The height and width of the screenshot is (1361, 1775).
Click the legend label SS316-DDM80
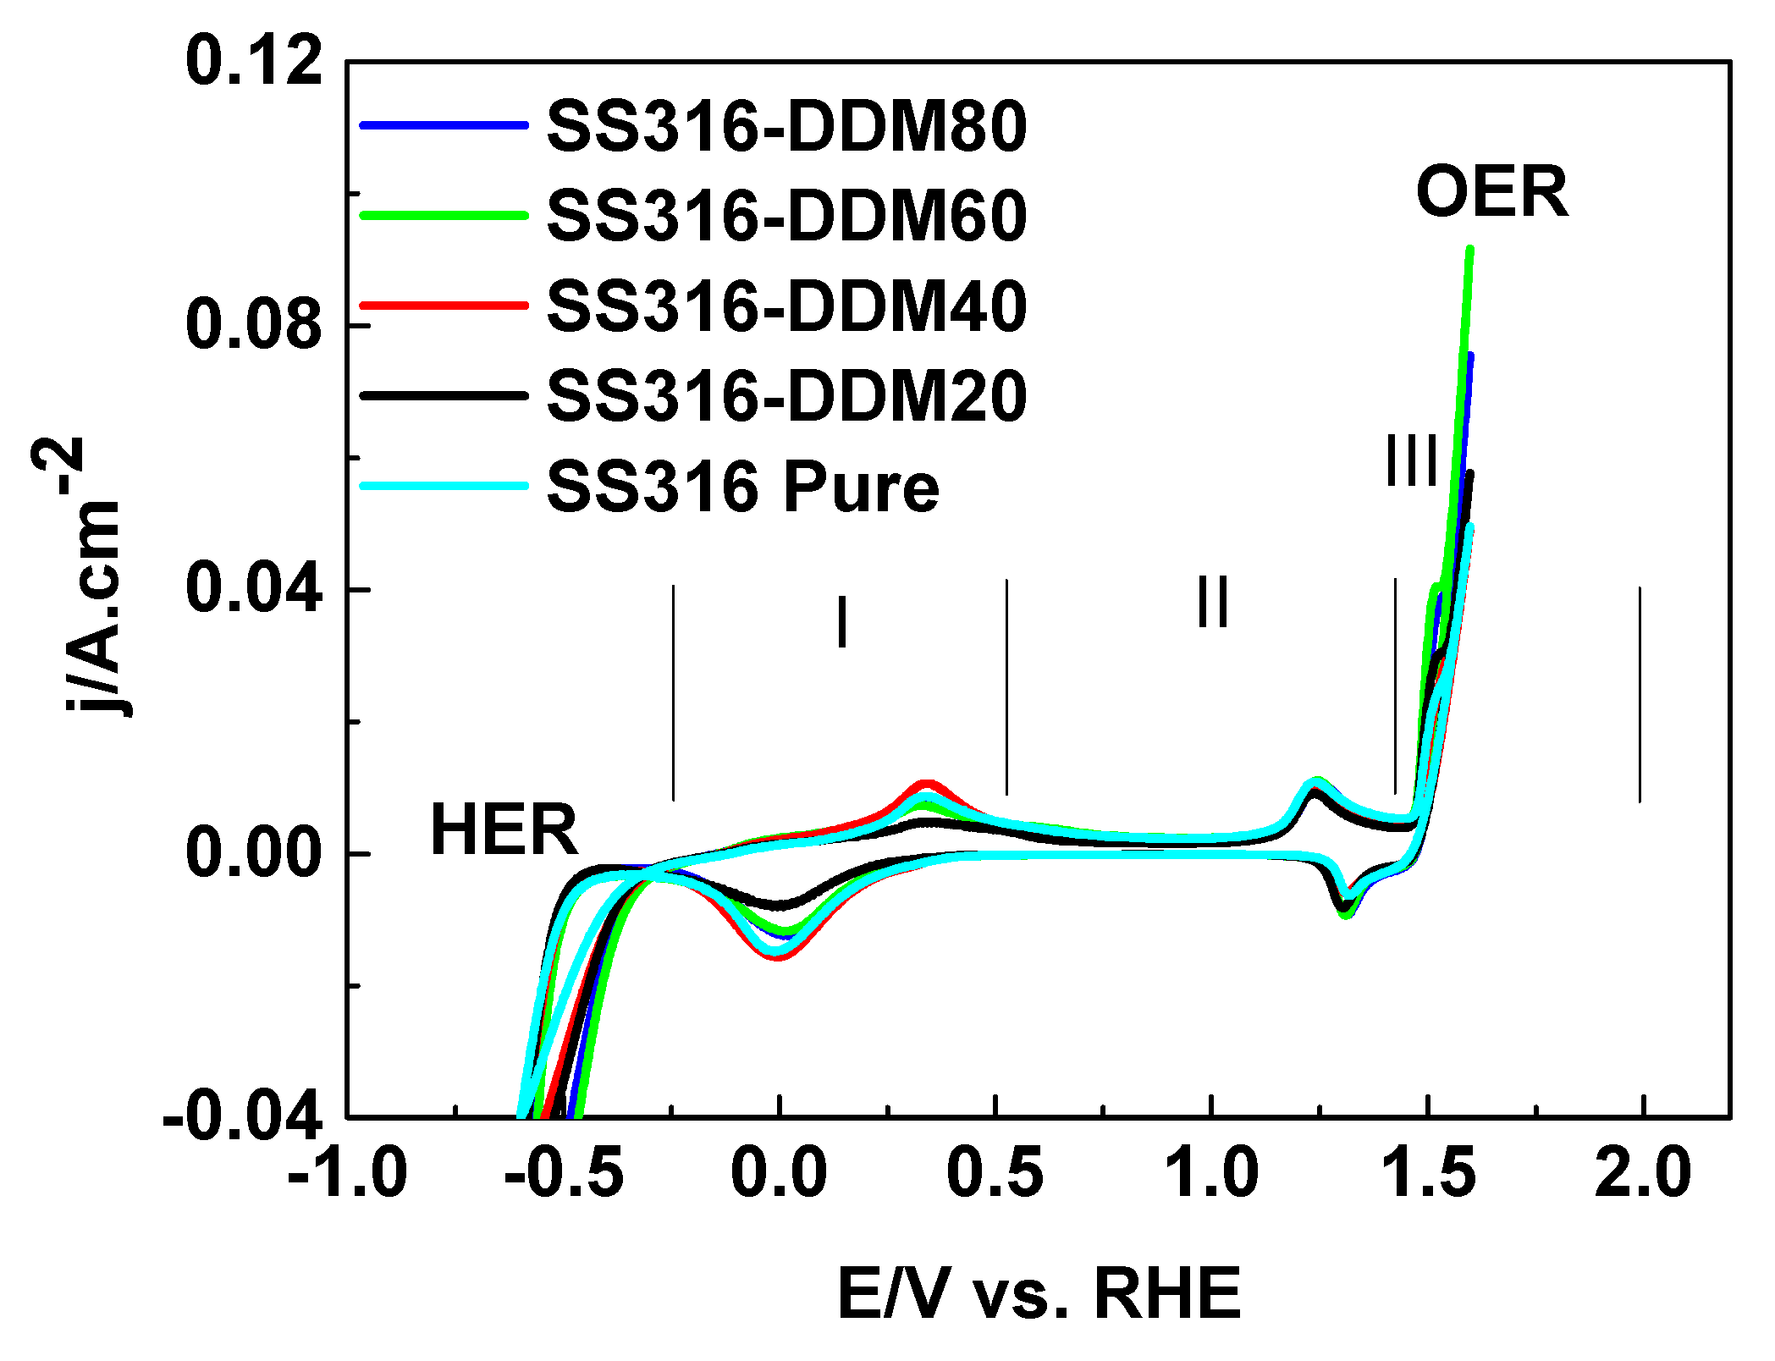[x=786, y=126]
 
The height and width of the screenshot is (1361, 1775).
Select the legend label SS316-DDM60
[x=786, y=216]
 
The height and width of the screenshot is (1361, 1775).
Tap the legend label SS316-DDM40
[x=786, y=306]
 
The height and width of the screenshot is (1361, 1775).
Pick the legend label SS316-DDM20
[x=786, y=396]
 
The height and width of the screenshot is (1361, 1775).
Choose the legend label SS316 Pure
[x=742, y=488]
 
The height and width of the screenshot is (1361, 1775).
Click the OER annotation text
[x=1491, y=193]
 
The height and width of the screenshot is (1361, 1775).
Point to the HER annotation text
[x=504, y=830]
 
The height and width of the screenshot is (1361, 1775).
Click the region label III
[x=1411, y=462]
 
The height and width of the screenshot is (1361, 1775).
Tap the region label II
[x=1212, y=603]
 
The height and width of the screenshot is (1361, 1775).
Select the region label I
[x=841, y=622]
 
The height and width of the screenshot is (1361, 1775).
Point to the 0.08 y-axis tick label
[x=254, y=325]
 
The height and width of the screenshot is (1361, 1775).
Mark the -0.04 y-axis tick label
[x=244, y=1117]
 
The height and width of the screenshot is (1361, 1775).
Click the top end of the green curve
[x=1470, y=249]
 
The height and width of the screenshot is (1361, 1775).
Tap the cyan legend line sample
[x=444, y=486]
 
